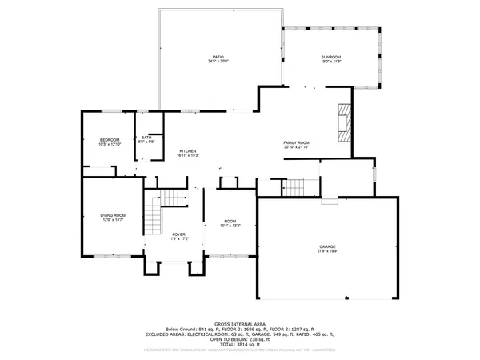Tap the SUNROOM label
tap(331, 57)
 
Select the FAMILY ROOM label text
tap(296, 142)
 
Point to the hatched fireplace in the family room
tap(343, 123)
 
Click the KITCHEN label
tap(188, 150)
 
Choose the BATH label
tap(146, 137)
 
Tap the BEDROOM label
tap(110, 140)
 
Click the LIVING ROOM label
tap(113, 215)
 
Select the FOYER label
tap(178, 234)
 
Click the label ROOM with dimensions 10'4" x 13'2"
tap(230, 221)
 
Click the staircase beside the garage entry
tap(296, 187)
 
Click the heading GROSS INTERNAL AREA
tap(240, 324)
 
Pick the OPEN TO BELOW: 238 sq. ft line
tap(240, 338)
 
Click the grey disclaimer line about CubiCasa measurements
tap(240, 350)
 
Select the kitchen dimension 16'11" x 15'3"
tap(188, 155)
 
